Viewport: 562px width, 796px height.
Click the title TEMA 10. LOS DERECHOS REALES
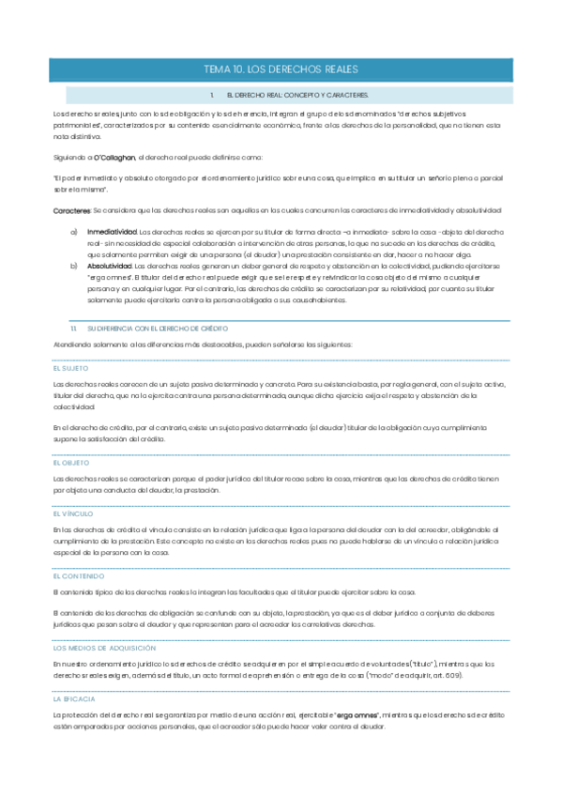(x=281, y=70)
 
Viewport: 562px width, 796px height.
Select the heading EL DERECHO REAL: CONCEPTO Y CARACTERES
(x=296, y=96)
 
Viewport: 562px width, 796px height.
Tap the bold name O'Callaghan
(x=114, y=156)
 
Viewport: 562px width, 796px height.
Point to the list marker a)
(x=74, y=231)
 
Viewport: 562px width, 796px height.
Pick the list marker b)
(x=74, y=267)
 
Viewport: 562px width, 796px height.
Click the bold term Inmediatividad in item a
(x=112, y=231)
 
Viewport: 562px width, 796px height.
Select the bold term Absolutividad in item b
(x=111, y=267)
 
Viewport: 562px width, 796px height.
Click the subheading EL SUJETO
(x=70, y=368)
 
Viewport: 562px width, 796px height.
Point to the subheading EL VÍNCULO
(x=72, y=514)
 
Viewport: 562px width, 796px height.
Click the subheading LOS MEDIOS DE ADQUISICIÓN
(x=104, y=648)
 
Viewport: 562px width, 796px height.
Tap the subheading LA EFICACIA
(x=74, y=699)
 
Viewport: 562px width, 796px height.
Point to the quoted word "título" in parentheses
(x=425, y=665)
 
